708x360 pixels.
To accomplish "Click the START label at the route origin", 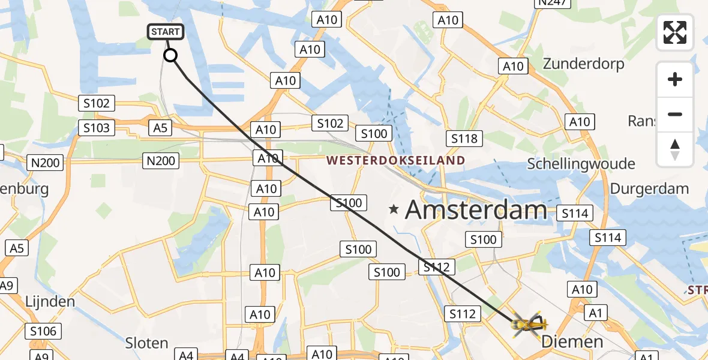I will click(165, 32).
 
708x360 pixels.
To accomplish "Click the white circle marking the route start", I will click(170, 56).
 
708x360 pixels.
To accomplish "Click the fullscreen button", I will click(675, 32).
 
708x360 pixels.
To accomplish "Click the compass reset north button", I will click(675, 149).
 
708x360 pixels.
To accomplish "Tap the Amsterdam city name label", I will click(476, 210).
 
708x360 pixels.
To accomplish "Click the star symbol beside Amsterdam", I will click(394, 209).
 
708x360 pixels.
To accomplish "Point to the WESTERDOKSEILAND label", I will click(396, 160).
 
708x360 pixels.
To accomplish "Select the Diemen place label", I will click(572, 342).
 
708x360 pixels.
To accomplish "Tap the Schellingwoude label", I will click(581, 164).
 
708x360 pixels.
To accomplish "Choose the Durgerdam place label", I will click(649, 188).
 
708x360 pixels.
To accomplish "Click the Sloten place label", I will click(146, 343).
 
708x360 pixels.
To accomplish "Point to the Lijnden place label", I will click(50, 301).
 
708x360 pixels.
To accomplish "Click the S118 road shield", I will click(464, 139).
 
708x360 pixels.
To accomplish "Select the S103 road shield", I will click(97, 128).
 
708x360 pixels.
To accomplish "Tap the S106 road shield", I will click(43, 331).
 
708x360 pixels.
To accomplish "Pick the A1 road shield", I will click(595, 313).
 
